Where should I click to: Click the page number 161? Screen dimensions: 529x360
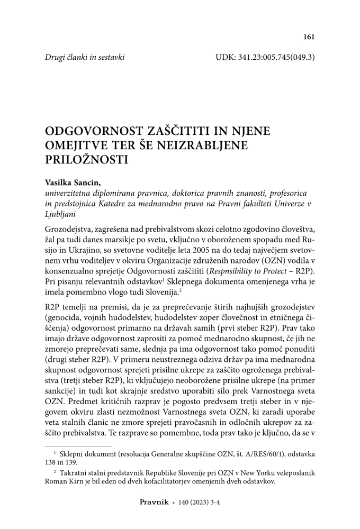[x=309, y=37]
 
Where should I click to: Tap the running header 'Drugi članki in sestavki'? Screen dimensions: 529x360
[x=85, y=57]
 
